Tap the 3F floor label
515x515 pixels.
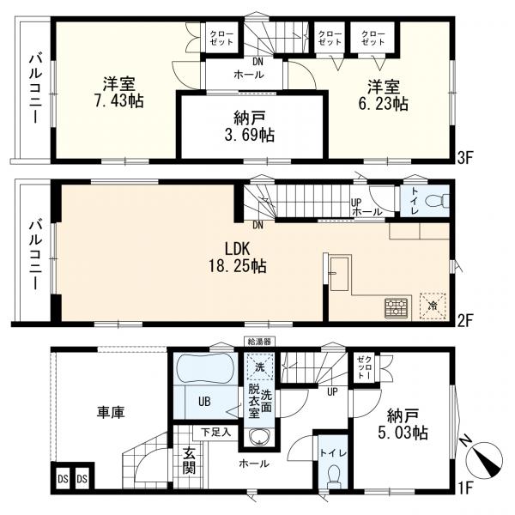465,159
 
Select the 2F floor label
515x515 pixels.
465,320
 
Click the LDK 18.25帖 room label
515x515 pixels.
238,257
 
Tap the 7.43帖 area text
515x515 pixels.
119,100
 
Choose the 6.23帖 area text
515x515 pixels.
383,104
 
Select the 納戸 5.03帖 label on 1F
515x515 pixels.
403,424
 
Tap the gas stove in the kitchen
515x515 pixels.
397,308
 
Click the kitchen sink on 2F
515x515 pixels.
339,274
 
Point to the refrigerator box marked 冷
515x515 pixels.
433,306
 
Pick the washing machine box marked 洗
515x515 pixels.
260,367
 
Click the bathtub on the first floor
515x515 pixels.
205,369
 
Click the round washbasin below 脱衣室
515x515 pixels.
260,438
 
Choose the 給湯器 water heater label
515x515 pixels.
259,342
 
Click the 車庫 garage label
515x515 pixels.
111,412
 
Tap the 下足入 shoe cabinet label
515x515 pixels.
216,433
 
